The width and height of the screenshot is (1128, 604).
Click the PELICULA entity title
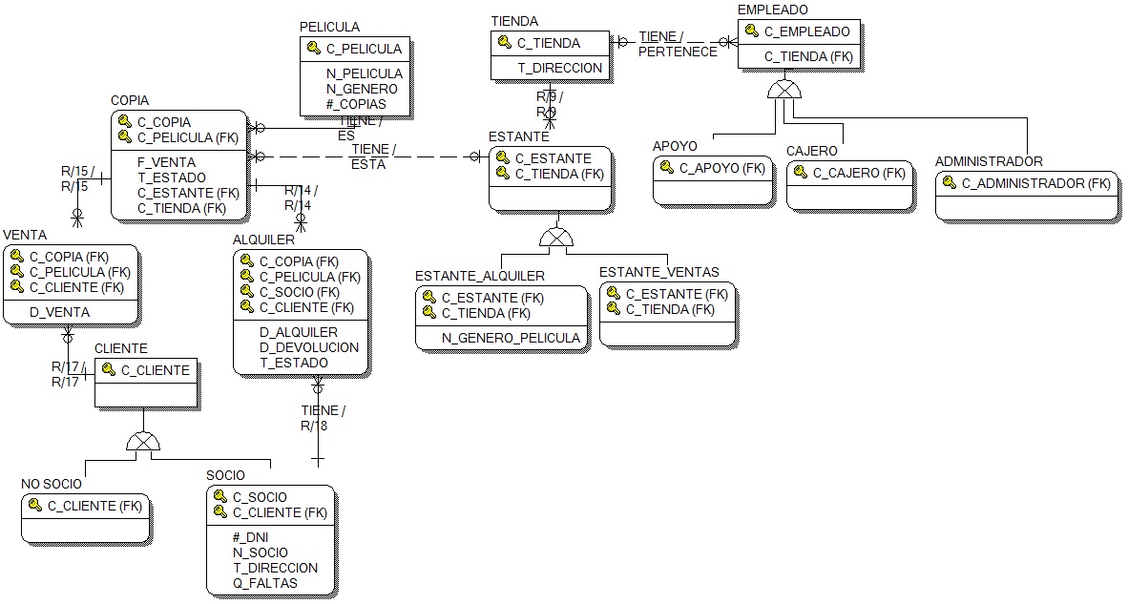(329, 27)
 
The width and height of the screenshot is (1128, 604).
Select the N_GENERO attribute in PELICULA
(363, 89)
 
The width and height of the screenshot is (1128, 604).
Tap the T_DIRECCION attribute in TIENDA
(560, 68)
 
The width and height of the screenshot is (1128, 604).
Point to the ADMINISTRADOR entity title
(989, 161)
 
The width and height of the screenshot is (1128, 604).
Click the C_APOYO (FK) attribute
(722, 168)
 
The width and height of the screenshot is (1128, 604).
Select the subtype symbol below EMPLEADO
(784, 90)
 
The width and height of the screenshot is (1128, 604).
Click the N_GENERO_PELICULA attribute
(511, 338)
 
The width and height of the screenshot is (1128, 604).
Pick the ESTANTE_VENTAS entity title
(658, 273)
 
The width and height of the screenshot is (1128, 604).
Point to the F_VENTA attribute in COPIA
(166, 162)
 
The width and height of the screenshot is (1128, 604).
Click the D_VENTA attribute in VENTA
(59, 312)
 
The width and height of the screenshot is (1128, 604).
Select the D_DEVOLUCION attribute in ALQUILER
(309, 347)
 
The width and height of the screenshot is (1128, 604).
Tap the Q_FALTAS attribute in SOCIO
(264, 583)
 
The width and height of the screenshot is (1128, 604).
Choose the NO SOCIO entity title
(52, 484)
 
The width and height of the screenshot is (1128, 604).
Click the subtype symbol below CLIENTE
(143, 441)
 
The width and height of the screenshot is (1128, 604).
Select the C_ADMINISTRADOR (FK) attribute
(1036, 183)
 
